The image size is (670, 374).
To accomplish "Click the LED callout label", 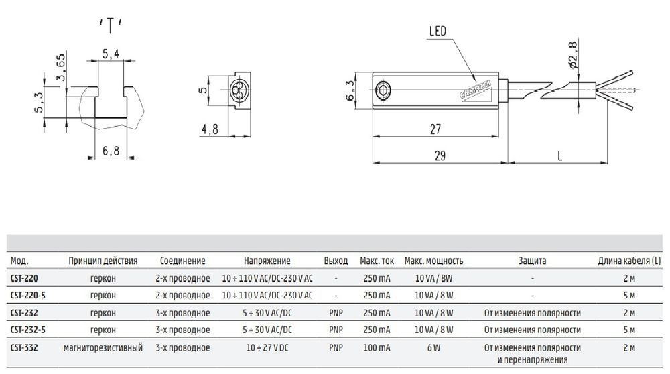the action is coord(438,31).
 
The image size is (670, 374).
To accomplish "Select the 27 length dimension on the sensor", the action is coord(435,129).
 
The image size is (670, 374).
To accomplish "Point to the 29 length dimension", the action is coord(440,155).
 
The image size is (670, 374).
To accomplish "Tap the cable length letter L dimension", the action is coord(559,155).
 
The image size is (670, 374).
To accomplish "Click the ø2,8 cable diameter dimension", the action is coord(574,54).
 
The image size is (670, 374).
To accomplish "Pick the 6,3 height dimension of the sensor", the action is coord(350,90).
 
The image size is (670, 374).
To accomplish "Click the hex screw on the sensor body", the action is coord(381,90).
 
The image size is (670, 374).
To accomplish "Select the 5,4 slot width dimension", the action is coord(111,54).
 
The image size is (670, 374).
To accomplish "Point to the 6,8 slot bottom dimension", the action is coord(111,150).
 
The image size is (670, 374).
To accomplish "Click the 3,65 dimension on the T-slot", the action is coord(61,67).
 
